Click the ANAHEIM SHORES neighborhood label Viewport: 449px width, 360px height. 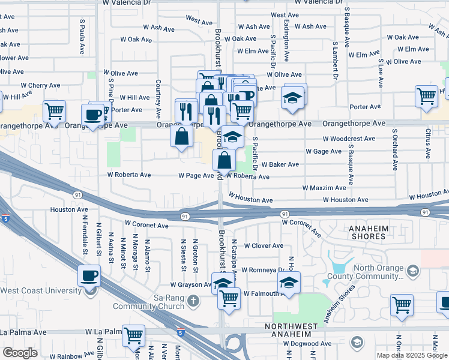360,232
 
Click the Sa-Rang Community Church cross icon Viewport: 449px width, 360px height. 192,299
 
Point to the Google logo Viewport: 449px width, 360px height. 20,353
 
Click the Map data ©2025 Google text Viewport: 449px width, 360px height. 411,355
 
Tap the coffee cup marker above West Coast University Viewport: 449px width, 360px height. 89,277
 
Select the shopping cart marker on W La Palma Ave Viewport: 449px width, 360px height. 133,335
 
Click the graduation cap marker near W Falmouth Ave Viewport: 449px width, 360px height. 289,283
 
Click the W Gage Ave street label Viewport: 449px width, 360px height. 324,151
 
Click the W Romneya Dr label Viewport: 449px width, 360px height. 262,271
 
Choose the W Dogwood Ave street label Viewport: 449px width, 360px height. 307,344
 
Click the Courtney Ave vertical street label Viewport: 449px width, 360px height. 158,99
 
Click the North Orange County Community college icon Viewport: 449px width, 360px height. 412,272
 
